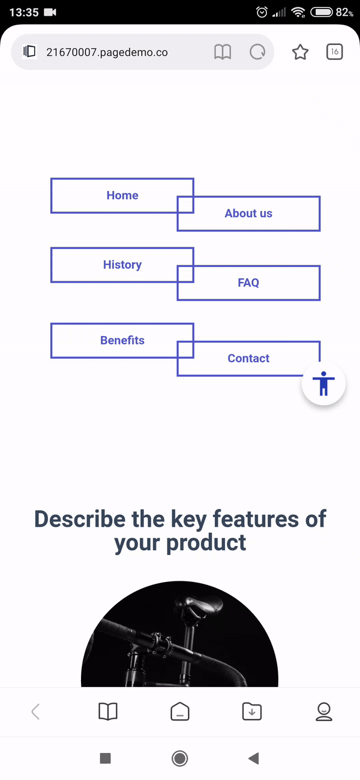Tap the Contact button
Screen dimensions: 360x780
click(248, 358)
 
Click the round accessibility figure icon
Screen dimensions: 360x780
click(323, 383)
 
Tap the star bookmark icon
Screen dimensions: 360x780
click(300, 52)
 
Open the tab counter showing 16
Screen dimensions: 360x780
click(335, 52)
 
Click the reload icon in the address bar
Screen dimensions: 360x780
click(257, 52)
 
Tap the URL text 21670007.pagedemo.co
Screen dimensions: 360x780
click(107, 52)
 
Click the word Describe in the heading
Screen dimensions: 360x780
click(80, 519)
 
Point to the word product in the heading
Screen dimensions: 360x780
click(206, 543)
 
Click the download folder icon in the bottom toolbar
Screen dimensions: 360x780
click(252, 712)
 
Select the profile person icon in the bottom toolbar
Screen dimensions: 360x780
click(324, 712)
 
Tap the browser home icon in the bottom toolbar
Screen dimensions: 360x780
click(180, 711)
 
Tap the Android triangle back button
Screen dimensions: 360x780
click(254, 758)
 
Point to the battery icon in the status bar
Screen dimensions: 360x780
click(322, 13)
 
